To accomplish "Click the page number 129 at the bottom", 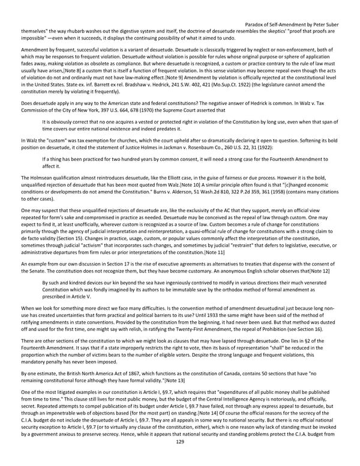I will tap(180, 458).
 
